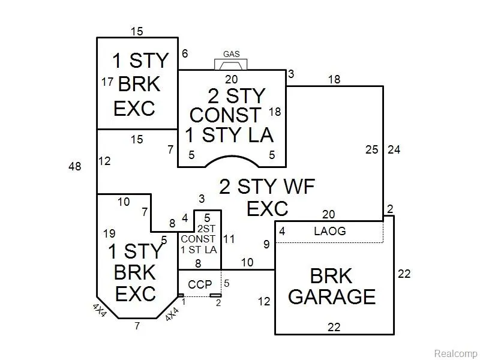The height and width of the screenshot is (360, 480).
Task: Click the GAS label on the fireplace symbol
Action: [232, 54]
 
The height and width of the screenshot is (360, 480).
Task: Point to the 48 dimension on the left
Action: [75, 167]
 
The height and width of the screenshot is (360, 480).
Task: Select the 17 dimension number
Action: [107, 82]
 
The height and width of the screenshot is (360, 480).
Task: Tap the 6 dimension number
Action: [185, 54]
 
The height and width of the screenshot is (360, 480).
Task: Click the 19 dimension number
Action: [108, 234]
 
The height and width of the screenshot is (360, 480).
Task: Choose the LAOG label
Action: [329, 231]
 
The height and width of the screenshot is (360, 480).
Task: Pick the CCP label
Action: [200, 284]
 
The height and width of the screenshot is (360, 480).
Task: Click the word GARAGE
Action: [332, 296]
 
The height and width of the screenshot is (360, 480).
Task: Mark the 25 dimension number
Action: [372, 149]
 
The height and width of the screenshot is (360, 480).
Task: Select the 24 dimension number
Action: [394, 149]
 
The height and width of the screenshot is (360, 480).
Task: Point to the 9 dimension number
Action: [266, 244]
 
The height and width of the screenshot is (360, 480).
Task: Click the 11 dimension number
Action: [229, 239]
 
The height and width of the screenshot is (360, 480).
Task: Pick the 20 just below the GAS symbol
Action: [231, 79]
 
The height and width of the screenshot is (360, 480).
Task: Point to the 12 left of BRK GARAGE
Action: [264, 302]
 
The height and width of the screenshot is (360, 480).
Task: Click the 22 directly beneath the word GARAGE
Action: [334, 326]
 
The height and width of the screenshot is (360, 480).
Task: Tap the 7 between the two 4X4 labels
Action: [137, 326]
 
